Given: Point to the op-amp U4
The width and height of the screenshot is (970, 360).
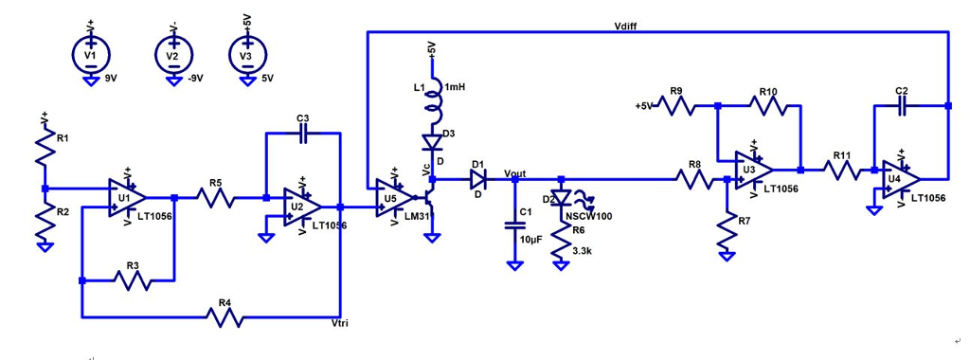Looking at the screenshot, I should click(899, 177).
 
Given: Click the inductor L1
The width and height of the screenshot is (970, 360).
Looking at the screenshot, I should click(433, 98).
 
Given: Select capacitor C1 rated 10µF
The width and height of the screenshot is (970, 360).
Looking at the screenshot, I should click(514, 226).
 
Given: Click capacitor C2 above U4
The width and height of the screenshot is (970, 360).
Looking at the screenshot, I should click(902, 106).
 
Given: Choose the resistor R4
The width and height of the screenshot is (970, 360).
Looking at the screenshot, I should click(224, 317).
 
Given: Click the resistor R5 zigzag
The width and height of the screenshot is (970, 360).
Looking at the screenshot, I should click(216, 198).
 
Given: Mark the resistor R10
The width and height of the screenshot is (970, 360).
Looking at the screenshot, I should click(767, 106).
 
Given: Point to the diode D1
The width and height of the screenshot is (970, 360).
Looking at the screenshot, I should click(477, 177).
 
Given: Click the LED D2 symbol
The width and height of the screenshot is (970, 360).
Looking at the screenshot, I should click(561, 200).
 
